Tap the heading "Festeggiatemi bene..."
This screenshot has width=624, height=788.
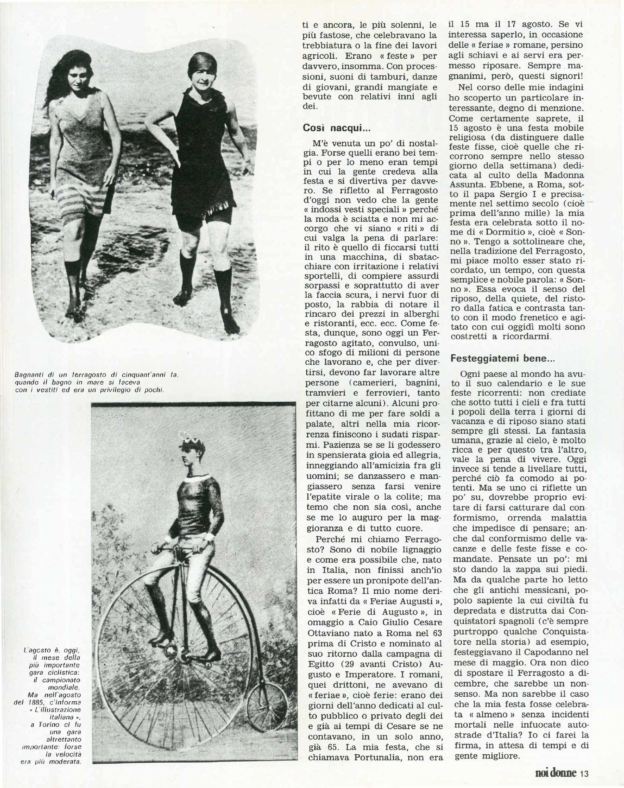(502, 358)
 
